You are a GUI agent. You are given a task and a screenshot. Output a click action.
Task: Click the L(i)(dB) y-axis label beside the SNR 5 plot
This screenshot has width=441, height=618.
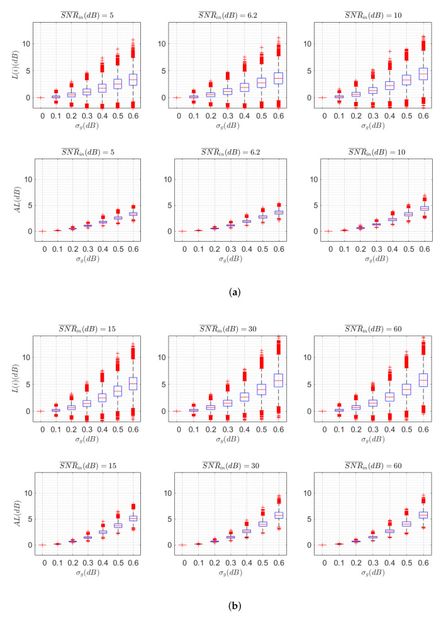(x=14, y=64)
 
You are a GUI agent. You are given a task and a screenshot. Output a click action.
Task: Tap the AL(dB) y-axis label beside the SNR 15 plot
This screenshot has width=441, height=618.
(x=14, y=510)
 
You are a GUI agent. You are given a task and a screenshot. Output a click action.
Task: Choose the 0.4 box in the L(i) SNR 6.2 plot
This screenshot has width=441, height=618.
(x=245, y=87)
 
